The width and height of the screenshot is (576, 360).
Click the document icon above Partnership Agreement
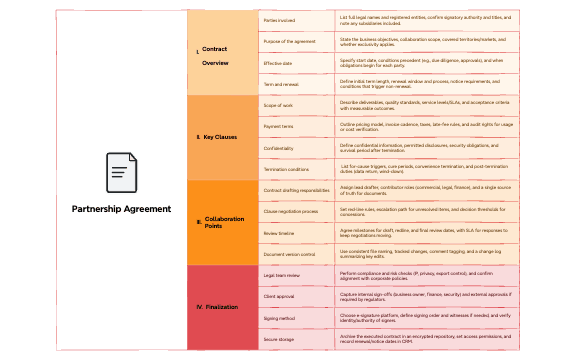tap(120, 172)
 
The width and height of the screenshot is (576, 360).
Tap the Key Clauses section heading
tap(217, 135)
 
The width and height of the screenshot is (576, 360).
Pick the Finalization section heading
tap(217, 306)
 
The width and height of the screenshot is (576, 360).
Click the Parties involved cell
tap(296, 19)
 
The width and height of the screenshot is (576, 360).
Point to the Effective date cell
tap(296, 62)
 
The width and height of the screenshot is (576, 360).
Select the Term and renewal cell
tap(296, 83)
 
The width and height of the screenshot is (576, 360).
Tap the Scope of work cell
tap(296, 105)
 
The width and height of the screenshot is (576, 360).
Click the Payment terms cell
tap(296, 126)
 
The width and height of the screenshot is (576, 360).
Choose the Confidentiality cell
tap(296, 147)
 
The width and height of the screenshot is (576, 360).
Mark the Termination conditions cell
tap(296, 168)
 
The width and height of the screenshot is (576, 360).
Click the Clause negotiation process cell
tap(296, 211)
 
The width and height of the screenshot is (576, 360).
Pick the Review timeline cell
tap(296, 232)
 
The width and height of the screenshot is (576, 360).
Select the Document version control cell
tap(296, 253)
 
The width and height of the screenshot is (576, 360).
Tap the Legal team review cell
tap(296, 274)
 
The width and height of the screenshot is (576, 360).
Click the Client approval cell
tap(296, 296)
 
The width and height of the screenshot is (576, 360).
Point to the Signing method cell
tap(296, 317)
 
